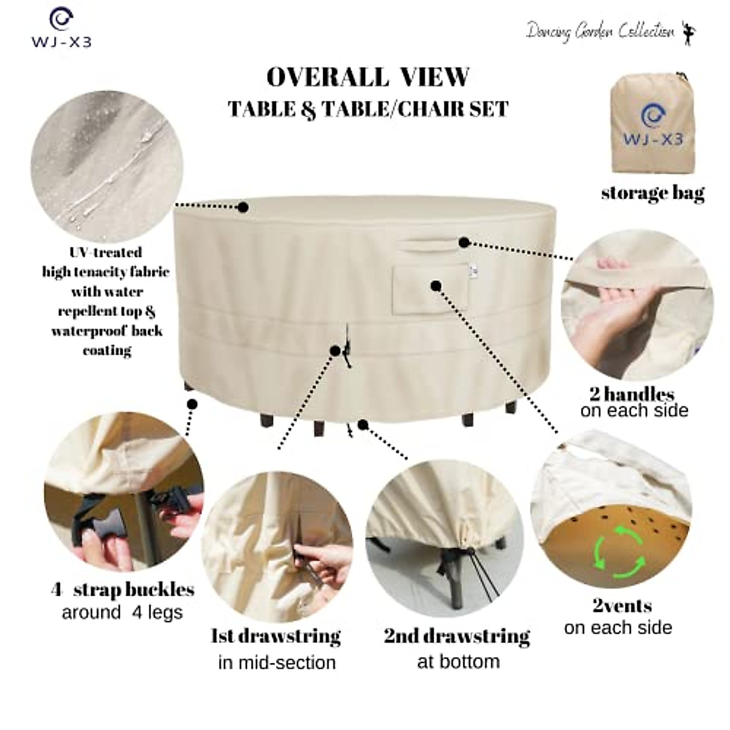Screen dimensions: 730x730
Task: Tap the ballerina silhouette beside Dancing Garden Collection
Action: [689, 33]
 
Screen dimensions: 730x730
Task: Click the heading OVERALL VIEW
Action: [368, 77]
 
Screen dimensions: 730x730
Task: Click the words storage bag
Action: [652, 193]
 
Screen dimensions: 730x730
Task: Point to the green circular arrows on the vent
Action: [619, 552]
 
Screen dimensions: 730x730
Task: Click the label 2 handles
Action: [632, 394]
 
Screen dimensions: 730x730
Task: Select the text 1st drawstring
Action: [276, 636]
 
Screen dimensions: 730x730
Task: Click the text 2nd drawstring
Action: [457, 636]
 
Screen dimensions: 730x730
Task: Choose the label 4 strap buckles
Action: [123, 589]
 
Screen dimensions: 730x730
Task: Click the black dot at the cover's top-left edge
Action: [243, 207]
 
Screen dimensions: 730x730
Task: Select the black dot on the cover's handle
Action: [464, 243]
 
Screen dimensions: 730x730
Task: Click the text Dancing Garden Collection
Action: [600, 31]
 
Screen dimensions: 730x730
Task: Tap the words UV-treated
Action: [106, 252]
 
